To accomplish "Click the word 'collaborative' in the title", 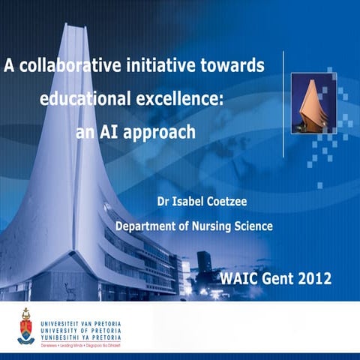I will pyautogui.click(x=67, y=66).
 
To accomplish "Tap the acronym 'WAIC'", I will pyautogui.click(x=239, y=280).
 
